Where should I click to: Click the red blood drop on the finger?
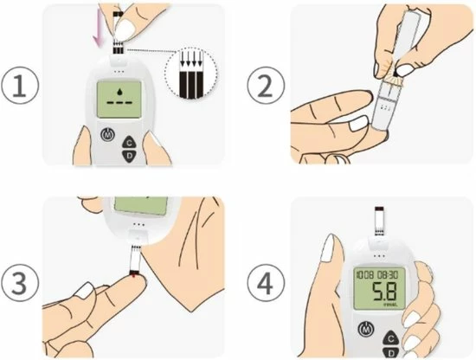[x=132, y=276]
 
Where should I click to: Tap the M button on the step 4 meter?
[x=368, y=331]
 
